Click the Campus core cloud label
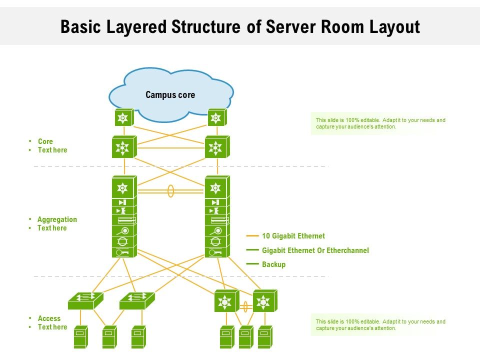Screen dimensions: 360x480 [x=170, y=95]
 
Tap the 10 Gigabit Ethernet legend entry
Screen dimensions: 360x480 [x=293, y=236]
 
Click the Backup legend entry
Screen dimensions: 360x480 [x=273, y=264]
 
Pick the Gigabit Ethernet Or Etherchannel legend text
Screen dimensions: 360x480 [x=315, y=250]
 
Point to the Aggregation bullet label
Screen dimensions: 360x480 [x=57, y=219]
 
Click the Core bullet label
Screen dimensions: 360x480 [x=45, y=141]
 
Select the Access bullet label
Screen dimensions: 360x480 [x=49, y=318]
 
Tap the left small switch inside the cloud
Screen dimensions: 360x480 [x=123, y=118]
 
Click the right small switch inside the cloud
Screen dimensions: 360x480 [x=216, y=118]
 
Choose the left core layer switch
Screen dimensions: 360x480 [x=123, y=147]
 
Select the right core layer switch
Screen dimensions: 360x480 [x=216, y=147]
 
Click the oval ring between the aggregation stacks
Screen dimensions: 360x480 [x=170, y=191]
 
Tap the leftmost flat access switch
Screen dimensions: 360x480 [x=85, y=299]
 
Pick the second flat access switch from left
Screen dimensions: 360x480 [x=136, y=299]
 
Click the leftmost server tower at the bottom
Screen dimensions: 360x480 [x=80, y=337]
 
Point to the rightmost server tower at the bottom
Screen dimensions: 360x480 [x=264, y=337]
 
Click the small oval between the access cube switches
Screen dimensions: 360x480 [x=245, y=306]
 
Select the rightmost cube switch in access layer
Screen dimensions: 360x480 [x=264, y=301]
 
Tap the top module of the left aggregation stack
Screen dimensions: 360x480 [x=123, y=187]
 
